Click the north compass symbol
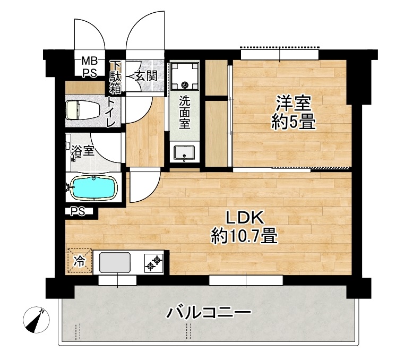37,320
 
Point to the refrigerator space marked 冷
79,261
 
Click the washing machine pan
185,78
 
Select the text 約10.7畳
245,235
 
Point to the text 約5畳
293,123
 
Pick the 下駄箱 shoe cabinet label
115,79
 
